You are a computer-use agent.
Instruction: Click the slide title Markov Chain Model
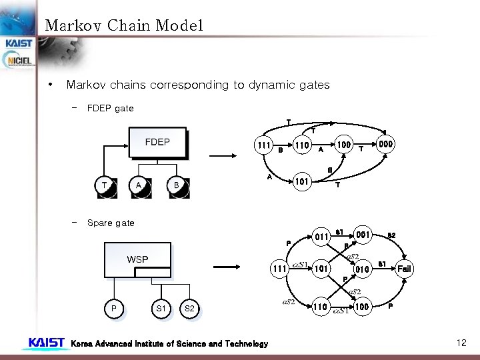pos(123,26)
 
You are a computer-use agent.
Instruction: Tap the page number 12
pos(461,343)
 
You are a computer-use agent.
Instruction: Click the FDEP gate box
pos(157,143)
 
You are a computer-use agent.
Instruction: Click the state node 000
pos(386,145)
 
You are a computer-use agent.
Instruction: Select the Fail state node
pos(405,269)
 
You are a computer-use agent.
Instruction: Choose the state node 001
pos(363,235)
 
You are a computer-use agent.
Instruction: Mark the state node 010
pos(363,269)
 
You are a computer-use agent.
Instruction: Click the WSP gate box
pos(137,259)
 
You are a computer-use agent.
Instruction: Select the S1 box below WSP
pos(161,309)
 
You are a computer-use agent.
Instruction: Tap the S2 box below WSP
pos(189,309)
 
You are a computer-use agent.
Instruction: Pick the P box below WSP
pos(113,309)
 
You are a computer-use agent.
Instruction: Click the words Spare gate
pos(111,223)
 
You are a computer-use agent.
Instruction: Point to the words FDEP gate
pos(111,108)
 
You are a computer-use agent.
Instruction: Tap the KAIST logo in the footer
pos(46,343)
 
